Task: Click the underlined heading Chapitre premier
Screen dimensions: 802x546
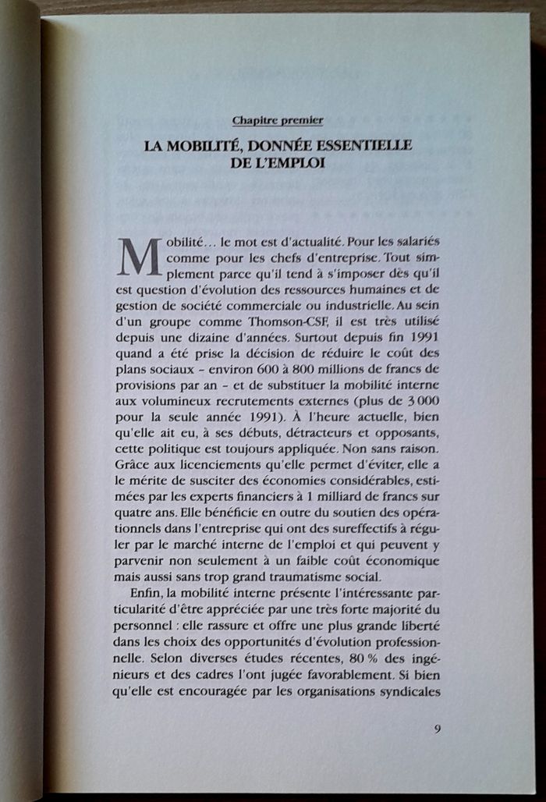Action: (x=278, y=120)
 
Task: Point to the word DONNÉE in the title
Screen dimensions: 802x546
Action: (x=265, y=145)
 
